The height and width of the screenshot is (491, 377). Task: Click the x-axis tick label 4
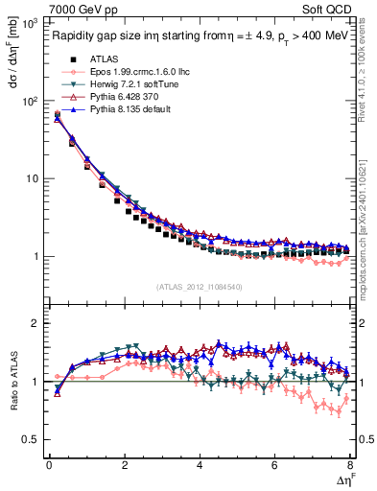point(200,464)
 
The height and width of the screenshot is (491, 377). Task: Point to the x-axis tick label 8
point(350,464)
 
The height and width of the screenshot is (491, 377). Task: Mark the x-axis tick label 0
point(49,464)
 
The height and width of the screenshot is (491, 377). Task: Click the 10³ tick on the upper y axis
point(28,23)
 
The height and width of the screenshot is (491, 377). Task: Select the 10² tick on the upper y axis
point(28,101)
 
